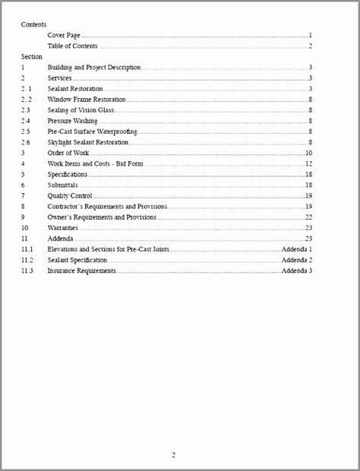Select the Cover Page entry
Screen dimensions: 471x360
[65, 35]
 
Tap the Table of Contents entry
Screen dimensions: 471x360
[72, 46]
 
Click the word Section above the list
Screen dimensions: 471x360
[32, 56]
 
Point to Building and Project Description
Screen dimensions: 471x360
[93, 67]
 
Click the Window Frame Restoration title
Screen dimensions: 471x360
[87, 100]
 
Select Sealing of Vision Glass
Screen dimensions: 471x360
[81, 110]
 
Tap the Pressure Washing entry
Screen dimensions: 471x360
[72, 121]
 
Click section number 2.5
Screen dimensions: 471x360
[26, 131]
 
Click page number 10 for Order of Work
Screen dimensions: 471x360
[309, 153]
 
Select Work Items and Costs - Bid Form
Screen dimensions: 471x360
[96, 163]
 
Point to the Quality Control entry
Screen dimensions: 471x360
[70, 195]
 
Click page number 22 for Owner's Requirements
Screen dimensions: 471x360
[309, 217]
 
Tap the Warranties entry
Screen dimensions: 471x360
[62, 227]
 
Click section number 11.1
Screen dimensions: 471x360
[27, 248]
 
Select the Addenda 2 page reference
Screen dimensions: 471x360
[297, 259]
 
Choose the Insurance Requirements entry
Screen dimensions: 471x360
[81, 270]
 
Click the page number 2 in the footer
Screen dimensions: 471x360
[173, 455]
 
